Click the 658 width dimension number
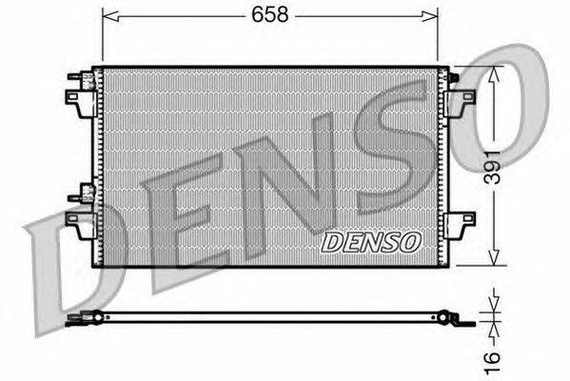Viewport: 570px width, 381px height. (269, 15)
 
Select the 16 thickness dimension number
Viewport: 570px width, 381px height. (493, 363)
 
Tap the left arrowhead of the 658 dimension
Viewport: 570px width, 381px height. (110, 16)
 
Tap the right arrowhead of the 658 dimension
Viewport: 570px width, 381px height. (430, 16)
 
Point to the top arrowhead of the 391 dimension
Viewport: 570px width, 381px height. (493, 75)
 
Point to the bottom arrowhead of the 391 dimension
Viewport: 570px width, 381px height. (493, 257)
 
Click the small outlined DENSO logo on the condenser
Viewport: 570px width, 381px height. (371, 242)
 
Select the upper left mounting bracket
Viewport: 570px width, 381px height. (81, 104)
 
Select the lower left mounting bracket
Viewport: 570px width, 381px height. (81, 225)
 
